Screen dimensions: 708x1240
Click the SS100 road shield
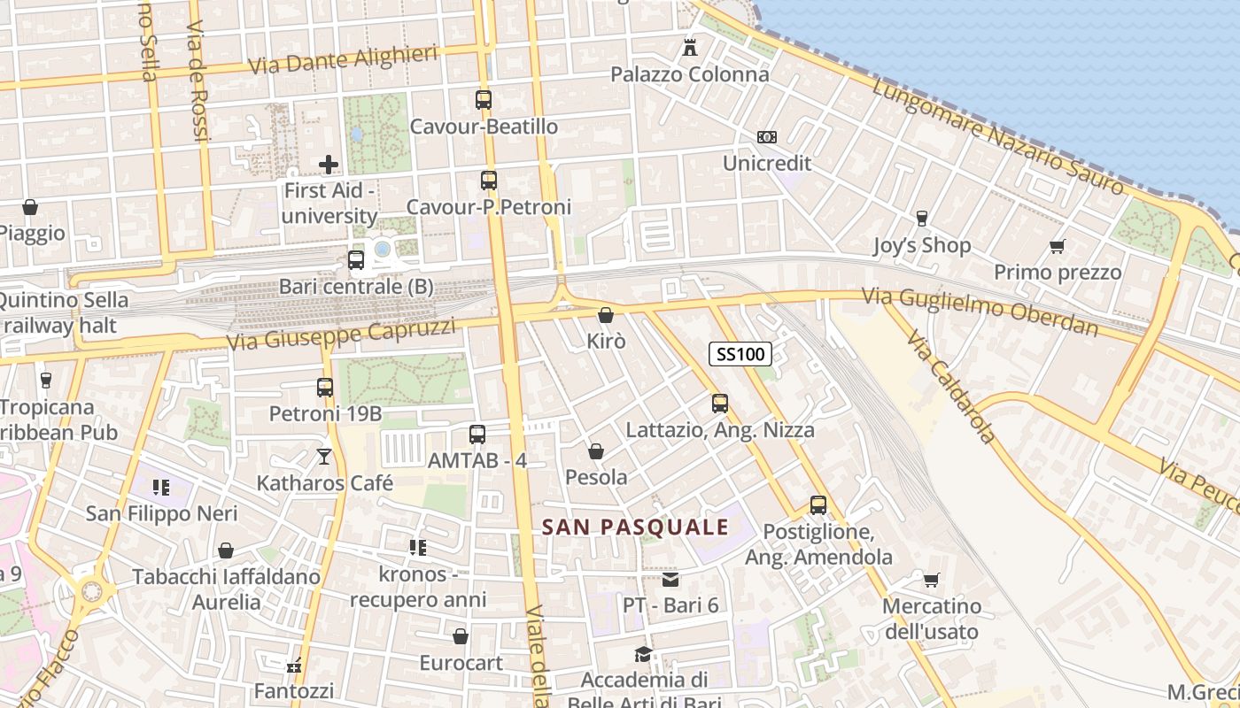[x=740, y=355]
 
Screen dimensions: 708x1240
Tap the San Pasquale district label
[x=635, y=527]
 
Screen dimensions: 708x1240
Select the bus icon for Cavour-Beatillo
[x=483, y=100]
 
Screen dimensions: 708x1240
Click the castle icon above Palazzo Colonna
[x=689, y=47]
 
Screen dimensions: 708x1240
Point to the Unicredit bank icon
[x=767, y=137]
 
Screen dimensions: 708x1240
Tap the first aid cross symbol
[x=329, y=165]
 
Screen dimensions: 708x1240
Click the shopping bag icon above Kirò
[x=606, y=315]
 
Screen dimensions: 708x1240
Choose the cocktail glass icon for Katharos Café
[x=324, y=457]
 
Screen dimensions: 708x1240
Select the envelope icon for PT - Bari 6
[x=670, y=580]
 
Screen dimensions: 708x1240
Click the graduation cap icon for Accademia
[x=643, y=654]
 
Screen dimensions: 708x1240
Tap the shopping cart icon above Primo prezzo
[x=1057, y=246]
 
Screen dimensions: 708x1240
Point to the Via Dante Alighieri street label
[x=344, y=61]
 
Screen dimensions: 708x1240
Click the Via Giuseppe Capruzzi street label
[x=341, y=334]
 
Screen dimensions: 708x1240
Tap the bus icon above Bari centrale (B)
[x=356, y=260]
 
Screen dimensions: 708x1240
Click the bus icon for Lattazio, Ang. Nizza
[x=720, y=404]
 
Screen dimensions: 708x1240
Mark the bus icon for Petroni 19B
[x=325, y=388]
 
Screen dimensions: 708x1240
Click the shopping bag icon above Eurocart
[x=461, y=636]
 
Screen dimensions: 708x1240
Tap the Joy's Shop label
[x=922, y=245]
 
